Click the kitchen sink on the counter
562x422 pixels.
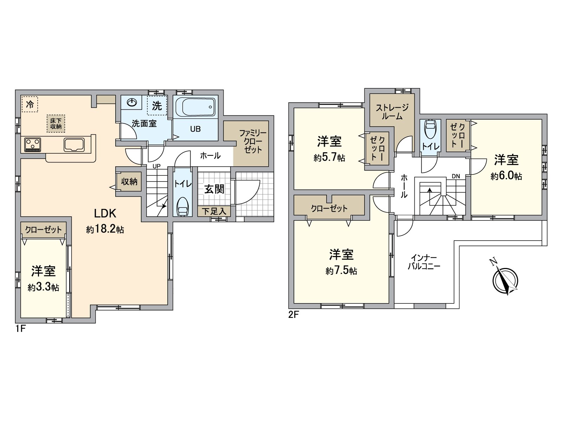[74, 145]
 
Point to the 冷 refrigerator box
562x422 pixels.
[30, 104]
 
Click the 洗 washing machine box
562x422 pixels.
[157, 105]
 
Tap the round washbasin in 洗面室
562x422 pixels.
[132, 102]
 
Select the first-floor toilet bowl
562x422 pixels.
[182, 207]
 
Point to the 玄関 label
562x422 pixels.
[214, 189]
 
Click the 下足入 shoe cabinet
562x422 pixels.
[214, 211]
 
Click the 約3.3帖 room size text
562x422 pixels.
[44, 287]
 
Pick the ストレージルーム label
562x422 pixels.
[392, 112]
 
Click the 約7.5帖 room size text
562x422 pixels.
[341, 271]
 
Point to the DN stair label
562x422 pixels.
[456, 176]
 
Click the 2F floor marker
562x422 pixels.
[293, 315]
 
